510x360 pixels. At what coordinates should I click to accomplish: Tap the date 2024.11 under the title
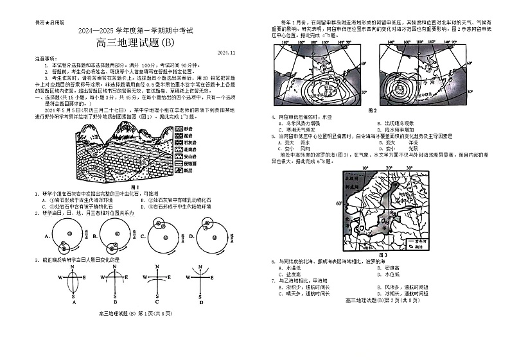pyautogui.click(x=227, y=53)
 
